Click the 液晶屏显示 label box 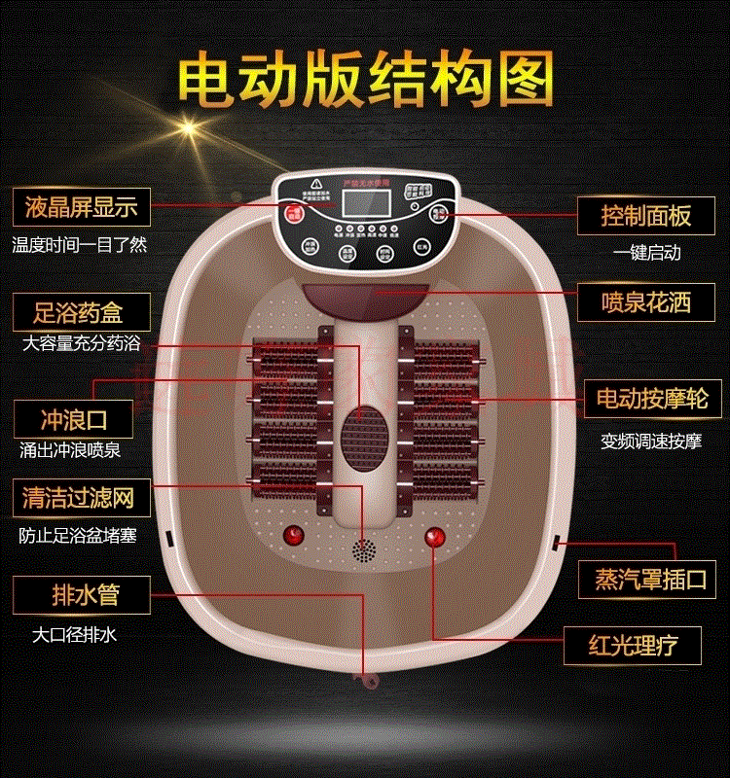pos(81,207)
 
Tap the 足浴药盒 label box pos(81,313)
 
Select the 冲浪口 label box pos(74,420)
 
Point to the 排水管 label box pos(81,592)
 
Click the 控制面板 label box pos(646,215)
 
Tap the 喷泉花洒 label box pos(646,302)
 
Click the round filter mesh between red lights pos(364,551)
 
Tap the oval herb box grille pos(364,425)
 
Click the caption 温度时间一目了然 pos(80,245)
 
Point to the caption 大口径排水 pos(74,635)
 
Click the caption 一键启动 pos(646,253)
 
